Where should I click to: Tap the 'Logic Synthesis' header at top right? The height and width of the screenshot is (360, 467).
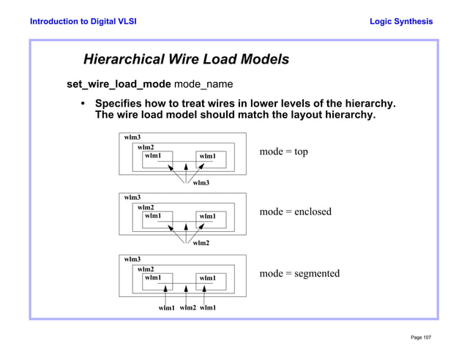pos(401,21)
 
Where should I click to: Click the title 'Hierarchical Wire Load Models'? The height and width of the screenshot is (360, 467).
pos(186,59)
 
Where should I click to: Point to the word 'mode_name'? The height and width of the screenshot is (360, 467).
pos(203,84)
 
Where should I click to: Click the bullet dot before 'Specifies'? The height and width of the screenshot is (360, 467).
pos(83,103)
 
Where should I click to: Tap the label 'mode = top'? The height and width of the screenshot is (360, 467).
pos(283,151)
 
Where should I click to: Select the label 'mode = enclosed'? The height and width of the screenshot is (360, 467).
pos(295,211)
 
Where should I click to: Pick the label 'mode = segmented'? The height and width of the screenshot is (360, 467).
pos(299,273)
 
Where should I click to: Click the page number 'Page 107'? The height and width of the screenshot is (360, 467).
pos(421,337)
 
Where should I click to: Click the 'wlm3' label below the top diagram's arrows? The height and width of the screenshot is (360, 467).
pos(201,183)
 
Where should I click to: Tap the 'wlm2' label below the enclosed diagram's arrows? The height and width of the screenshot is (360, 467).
pos(201,243)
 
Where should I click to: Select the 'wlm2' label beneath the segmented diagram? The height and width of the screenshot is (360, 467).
pos(188,307)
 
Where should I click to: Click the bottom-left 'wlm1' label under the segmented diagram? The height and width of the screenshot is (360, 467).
pos(167,308)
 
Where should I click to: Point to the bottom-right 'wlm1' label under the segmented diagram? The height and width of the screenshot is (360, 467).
pos(208,307)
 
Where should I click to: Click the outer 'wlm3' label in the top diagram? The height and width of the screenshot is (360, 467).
pos(132,137)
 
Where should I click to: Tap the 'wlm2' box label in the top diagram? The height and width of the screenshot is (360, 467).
pos(146,147)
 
